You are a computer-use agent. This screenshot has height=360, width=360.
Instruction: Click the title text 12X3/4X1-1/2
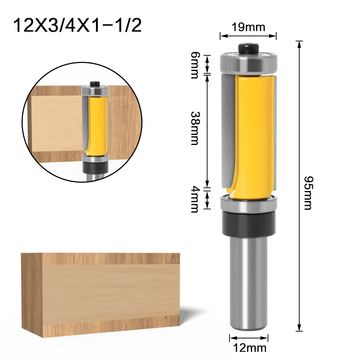[x=77, y=26]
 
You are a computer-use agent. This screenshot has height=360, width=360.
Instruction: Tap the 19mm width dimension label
[x=248, y=27]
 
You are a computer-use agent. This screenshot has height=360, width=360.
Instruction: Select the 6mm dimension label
[x=194, y=64]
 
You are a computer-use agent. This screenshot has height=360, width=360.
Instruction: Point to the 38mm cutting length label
[x=195, y=128]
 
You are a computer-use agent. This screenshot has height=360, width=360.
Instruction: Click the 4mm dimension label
[x=195, y=199]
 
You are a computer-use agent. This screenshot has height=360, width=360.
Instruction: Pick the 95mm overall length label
[x=307, y=193]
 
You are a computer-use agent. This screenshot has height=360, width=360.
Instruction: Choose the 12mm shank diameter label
[x=249, y=347]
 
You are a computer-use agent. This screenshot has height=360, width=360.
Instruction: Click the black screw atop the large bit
[x=248, y=48]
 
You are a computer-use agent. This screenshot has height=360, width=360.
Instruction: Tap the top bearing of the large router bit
[x=249, y=63]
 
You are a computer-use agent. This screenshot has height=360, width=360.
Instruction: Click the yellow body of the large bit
[x=254, y=133]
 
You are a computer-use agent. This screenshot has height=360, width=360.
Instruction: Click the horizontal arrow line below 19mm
[x=248, y=36]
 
